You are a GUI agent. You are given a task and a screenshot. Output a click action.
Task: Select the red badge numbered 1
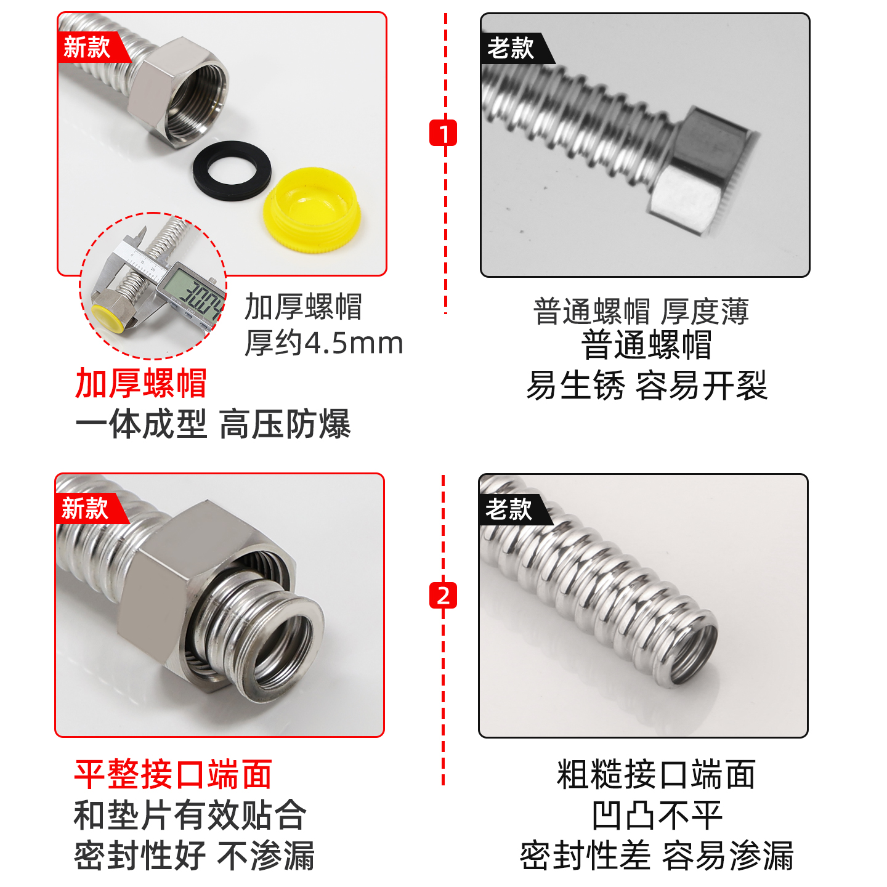(x=443, y=132)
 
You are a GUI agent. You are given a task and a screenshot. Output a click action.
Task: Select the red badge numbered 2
(x=443, y=595)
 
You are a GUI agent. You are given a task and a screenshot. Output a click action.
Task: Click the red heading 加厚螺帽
(x=140, y=383)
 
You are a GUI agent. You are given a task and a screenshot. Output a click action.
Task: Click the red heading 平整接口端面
(x=173, y=774)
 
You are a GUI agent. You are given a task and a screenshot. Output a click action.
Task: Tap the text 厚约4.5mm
(x=323, y=343)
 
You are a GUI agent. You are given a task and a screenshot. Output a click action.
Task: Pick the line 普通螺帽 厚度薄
(x=641, y=311)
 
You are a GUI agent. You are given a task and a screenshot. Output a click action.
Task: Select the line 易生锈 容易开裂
(x=646, y=386)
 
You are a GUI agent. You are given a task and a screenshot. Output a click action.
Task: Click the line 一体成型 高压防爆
(x=213, y=424)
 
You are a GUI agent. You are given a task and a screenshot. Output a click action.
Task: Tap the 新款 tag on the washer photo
(x=87, y=47)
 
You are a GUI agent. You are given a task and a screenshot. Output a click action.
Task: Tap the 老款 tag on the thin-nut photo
(x=511, y=48)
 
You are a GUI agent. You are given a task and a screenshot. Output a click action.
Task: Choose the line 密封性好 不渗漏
(x=194, y=856)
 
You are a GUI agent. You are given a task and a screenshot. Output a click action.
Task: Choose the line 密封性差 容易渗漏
(x=657, y=856)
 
